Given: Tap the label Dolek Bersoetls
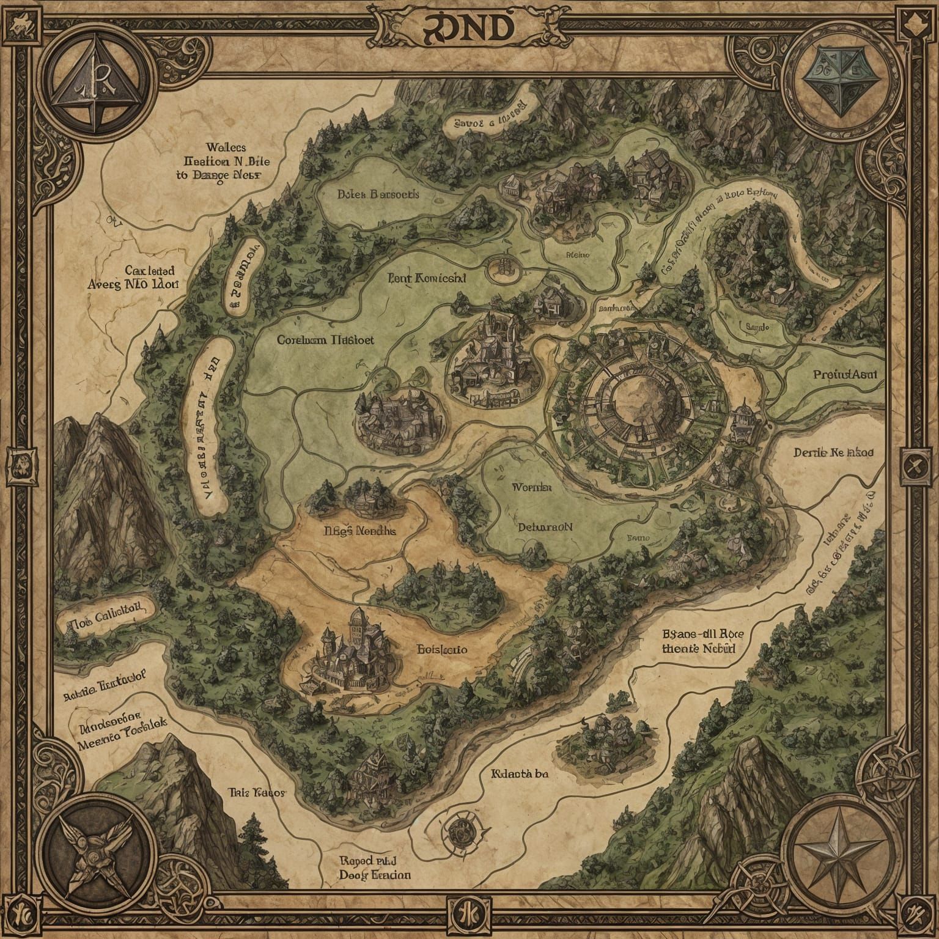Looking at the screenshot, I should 378,194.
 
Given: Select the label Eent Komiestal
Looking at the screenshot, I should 427,278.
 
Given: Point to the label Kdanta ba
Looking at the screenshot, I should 520,773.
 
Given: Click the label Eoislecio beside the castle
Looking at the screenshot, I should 442,649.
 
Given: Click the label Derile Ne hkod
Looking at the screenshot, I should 833,453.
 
